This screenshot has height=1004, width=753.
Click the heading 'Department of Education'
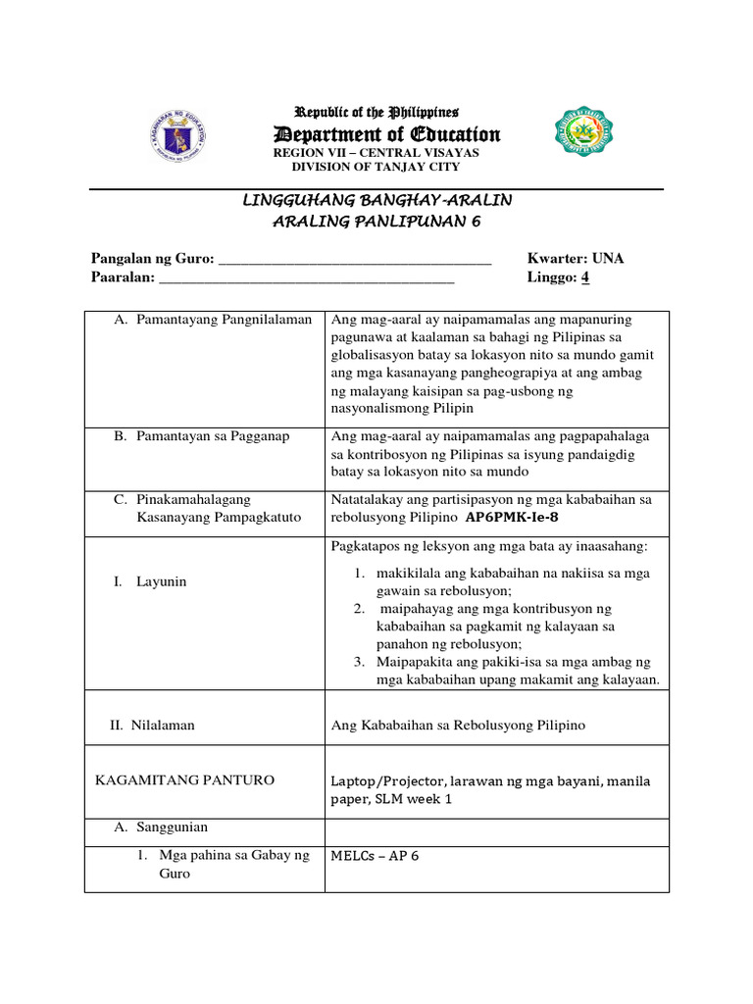[x=385, y=134]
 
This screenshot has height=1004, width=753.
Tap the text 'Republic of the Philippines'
[x=376, y=113]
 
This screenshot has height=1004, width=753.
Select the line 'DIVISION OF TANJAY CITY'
[x=376, y=167]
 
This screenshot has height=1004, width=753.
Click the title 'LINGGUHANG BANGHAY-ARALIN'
[x=376, y=200]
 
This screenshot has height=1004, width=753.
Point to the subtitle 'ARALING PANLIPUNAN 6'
[x=376, y=222]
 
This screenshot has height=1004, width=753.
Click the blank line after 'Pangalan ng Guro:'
[x=354, y=260]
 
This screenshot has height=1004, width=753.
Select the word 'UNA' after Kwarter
[x=606, y=259]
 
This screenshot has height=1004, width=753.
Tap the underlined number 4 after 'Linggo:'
[x=585, y=277]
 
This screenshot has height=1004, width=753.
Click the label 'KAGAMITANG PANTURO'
[x=184, y=780]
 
